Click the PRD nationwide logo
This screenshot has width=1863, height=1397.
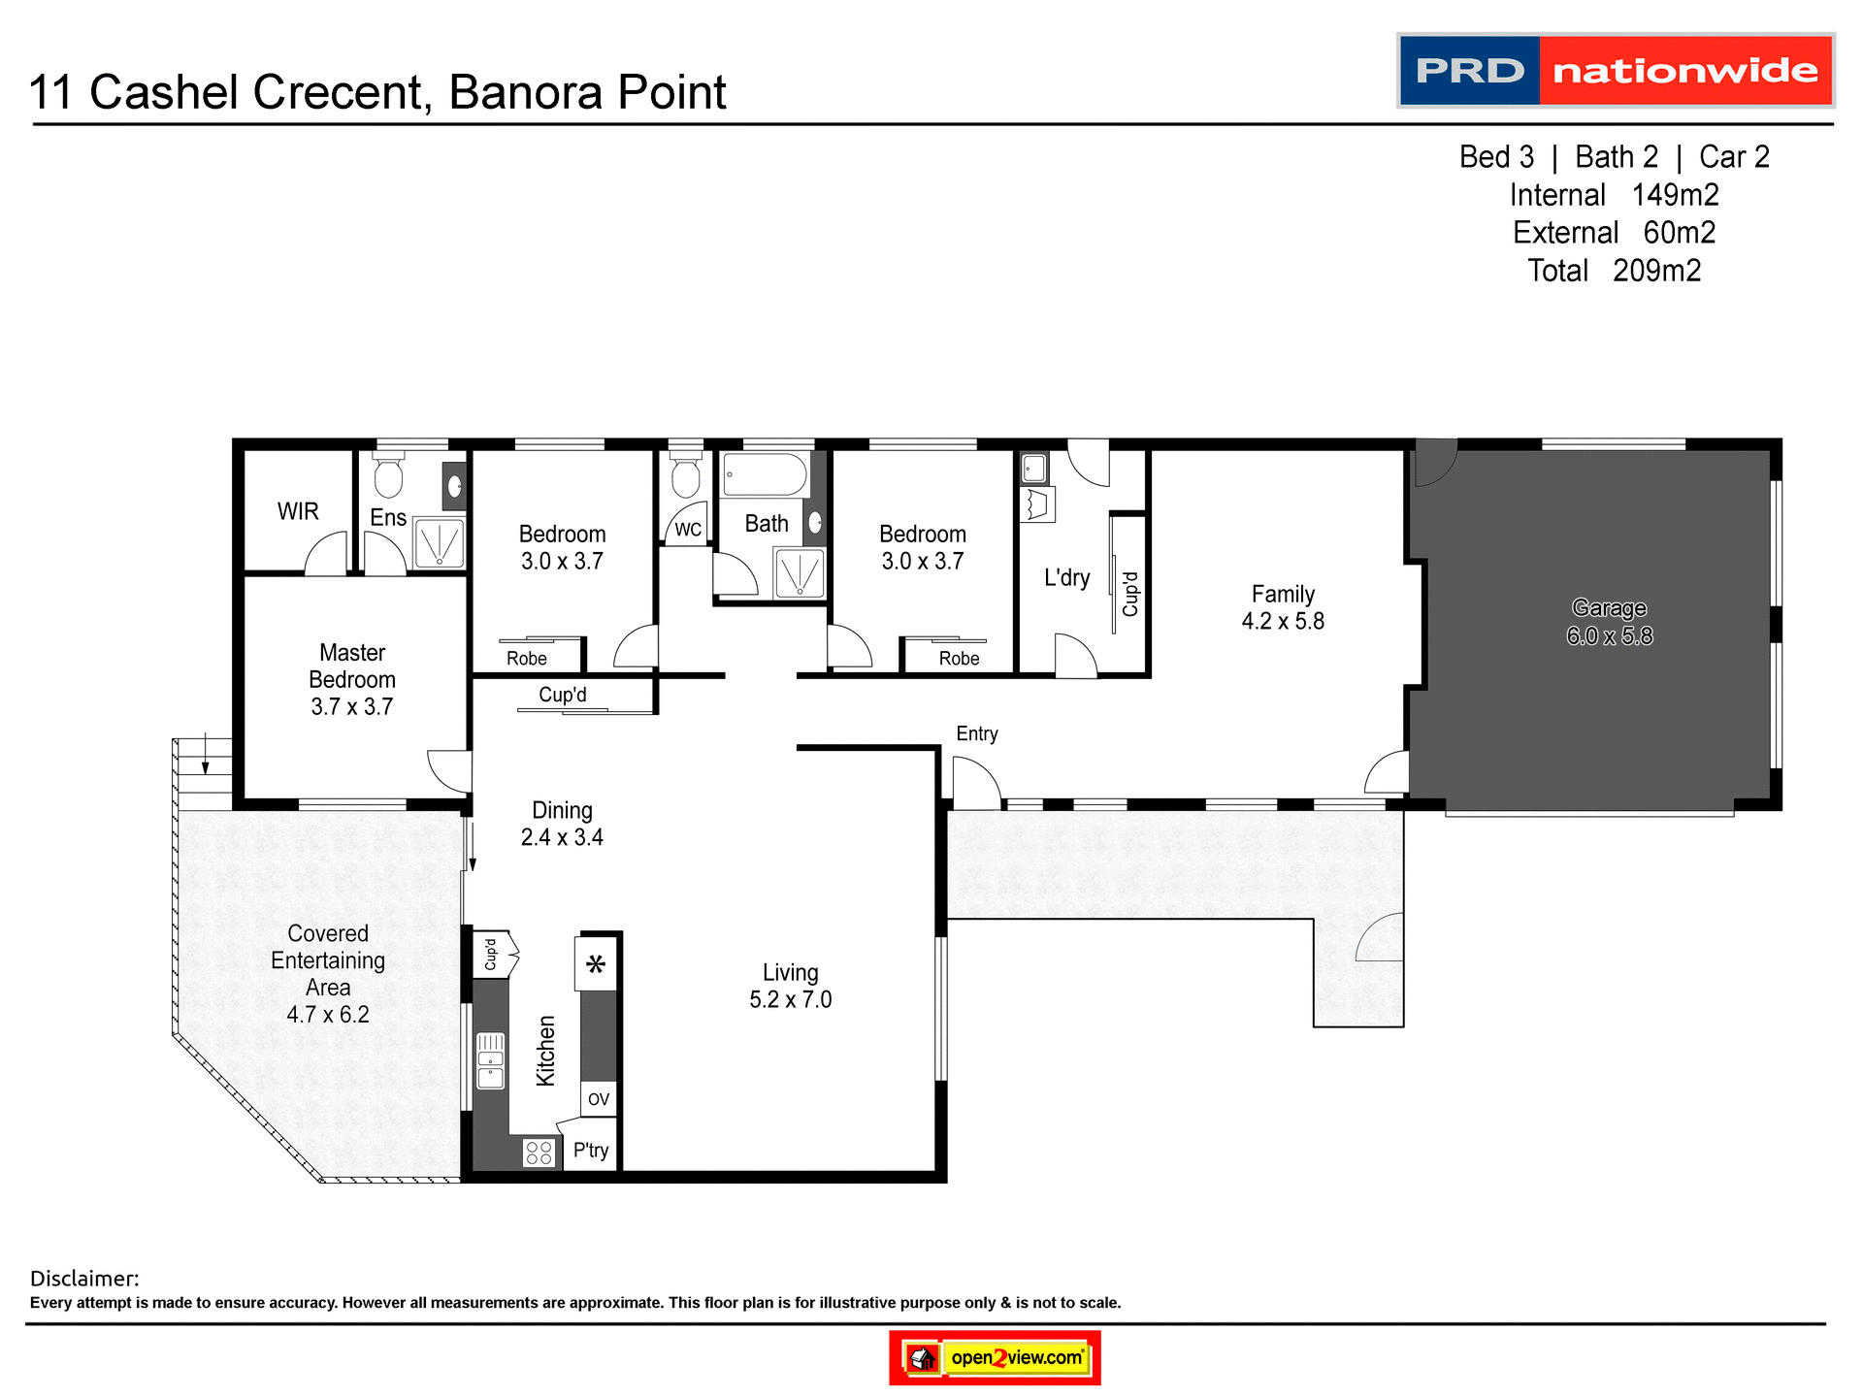[x=1615, y=71]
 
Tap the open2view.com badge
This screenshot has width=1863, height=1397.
[x=995, y=1357]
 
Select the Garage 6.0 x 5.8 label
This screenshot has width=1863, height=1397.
[x=1609, y=622]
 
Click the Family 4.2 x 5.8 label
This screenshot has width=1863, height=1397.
[x=1283, y=607]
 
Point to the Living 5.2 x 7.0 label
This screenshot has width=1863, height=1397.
[x=790, y=986]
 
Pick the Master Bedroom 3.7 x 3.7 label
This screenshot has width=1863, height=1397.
[x=352, y=679]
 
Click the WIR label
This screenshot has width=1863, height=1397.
[x=298, y=511]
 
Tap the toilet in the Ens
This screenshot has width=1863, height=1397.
[x=388, y=475]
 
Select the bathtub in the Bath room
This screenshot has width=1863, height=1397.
[x=766, y=475]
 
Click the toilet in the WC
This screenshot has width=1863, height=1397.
[x=686, y=475]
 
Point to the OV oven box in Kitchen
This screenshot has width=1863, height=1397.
[x=599, y=1098]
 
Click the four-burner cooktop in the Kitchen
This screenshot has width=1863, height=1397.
[x=539, y=1153]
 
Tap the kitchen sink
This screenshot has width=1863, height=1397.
[x=491, y=1060]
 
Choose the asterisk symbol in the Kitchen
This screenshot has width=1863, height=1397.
[x=596, y=964]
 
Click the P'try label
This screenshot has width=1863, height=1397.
[x=590, y=1151]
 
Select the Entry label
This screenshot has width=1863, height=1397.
[x=976, y=733]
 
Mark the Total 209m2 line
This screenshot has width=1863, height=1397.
[x=1614, y=271]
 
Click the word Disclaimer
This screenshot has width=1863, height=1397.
[x=84, y=1279]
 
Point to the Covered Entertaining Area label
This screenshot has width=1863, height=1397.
[x=328, y=973]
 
